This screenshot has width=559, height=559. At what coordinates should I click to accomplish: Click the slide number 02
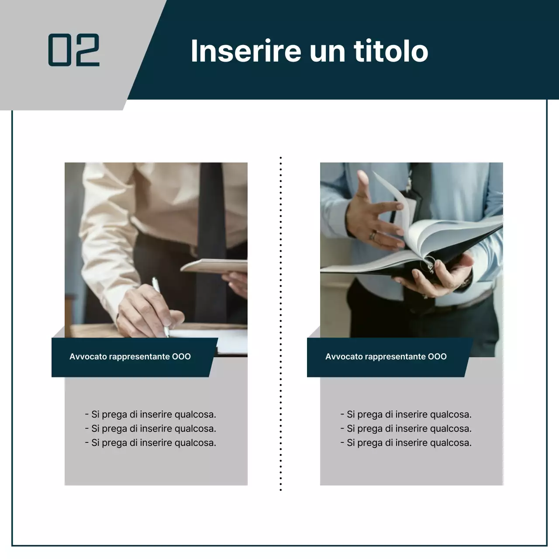coord(74,50)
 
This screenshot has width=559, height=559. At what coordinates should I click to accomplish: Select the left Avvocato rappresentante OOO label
coord(130,357)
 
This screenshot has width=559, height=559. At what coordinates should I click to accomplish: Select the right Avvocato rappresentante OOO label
coord(386,357)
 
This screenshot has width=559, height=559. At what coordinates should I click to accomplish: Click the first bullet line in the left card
coord(150,414)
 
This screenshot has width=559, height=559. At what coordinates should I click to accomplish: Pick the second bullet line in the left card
coord(150,429)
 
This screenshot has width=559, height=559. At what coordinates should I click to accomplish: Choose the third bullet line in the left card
coord(150,443)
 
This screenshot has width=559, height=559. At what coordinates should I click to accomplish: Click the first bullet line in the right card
coord(406,414)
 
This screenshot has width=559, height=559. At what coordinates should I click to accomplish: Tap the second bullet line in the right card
coord(406,429)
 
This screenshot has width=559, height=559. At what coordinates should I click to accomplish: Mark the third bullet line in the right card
coord(406,443)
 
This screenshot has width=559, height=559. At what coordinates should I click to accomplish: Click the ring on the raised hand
coord(373,235)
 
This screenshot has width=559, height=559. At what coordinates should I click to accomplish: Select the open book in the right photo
coord(419,249)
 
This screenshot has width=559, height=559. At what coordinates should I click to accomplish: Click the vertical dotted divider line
coord(280,323)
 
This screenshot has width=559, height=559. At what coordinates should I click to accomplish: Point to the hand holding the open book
coord(441,275)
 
